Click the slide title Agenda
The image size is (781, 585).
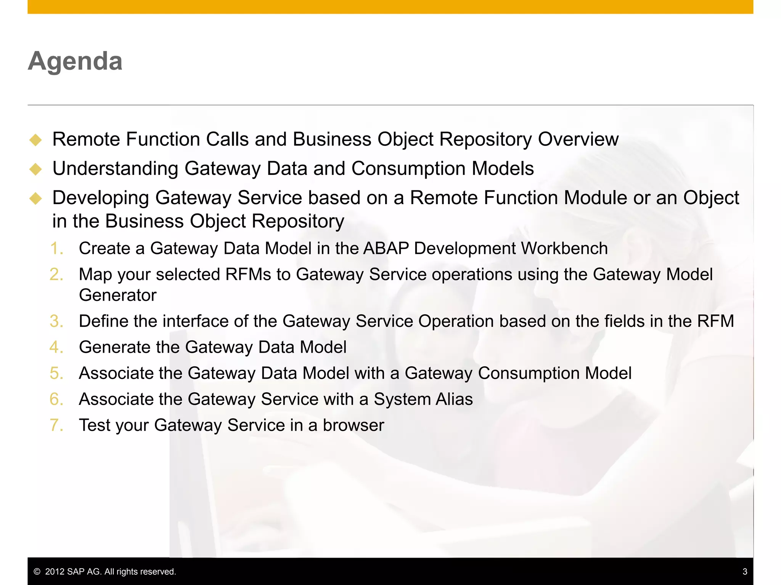(x=75, y=61)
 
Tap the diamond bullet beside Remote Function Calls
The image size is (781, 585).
(x=35, y=140)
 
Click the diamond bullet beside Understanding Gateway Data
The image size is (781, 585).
(x=35, y=169)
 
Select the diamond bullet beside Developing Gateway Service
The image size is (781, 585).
(x=35, y=198)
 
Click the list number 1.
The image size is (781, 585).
(x=56, y=249)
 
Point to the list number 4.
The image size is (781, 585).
(x=56, y=347)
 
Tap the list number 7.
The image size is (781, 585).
(x=56, y=425)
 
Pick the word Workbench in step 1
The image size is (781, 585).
(x=564, y=248)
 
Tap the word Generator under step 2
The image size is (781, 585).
(x=117, y=296)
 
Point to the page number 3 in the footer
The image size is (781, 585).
(x=744, y=572)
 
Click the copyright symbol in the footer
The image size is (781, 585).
(x=37, y=572)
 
